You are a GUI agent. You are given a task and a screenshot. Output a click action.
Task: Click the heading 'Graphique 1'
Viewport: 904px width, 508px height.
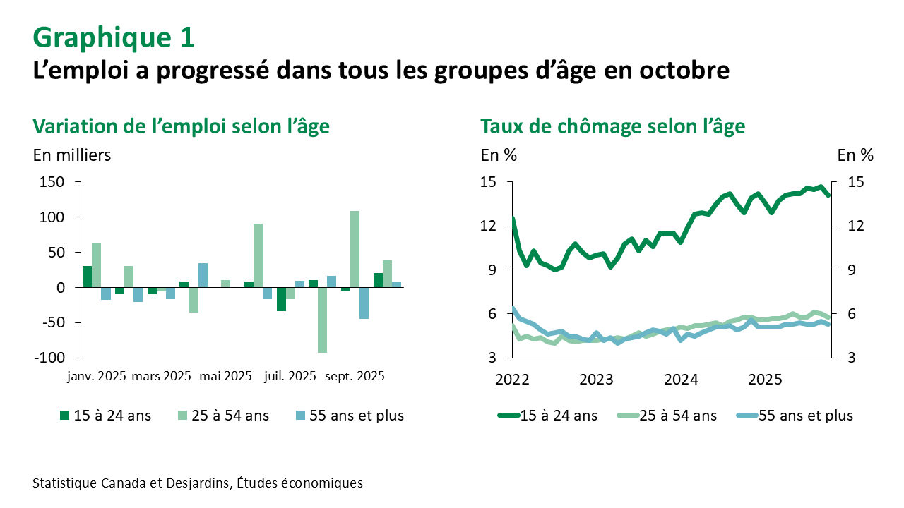coord(113,37)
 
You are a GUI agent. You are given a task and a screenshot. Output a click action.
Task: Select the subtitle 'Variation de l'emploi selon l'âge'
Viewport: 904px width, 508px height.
coord(182,126)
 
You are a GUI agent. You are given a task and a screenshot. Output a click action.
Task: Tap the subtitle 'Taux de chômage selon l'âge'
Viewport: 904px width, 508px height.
coord(613,126)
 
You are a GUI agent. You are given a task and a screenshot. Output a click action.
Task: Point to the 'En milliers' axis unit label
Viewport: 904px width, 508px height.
coord(72,155)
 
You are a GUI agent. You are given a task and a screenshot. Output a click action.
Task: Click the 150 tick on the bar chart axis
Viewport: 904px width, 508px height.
coord(53,183)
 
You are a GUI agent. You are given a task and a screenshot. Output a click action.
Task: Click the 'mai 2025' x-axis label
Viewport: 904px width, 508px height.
coord(226,376)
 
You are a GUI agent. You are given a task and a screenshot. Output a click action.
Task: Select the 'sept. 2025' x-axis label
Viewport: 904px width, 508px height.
coord(355,376)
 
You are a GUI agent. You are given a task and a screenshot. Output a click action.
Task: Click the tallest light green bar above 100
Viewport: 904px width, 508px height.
coord(355,249)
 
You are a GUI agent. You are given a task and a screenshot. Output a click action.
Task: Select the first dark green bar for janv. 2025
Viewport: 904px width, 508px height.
coord(87,277)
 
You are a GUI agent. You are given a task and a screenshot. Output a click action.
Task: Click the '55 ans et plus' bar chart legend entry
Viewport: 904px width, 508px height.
coord(349,416)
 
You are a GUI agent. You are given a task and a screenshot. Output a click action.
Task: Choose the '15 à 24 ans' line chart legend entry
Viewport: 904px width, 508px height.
coord(548,416)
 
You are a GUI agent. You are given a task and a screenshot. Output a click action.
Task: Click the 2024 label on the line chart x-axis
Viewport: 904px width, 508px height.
coord(681,380)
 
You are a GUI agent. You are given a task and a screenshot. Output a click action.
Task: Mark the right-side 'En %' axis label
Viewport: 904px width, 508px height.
coord(855,155)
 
